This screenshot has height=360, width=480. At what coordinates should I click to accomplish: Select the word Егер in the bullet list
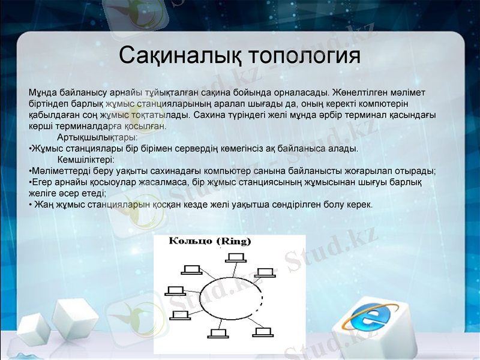(41, 182)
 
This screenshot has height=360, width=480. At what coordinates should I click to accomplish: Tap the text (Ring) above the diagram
(233, 241)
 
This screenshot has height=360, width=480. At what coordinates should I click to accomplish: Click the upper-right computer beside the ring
(265, 272)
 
